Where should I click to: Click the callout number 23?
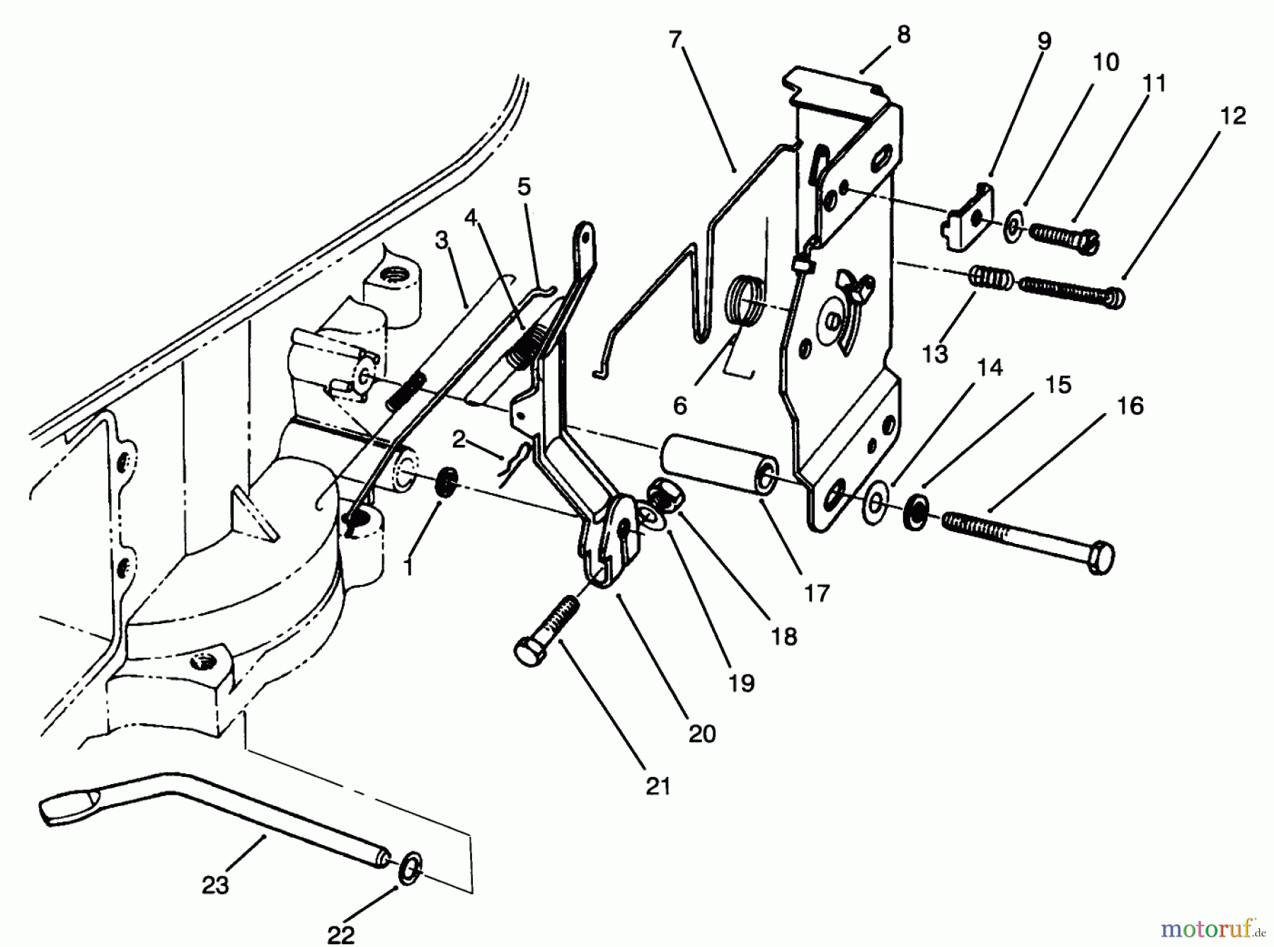coord(215,885)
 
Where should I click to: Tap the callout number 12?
coord(1232,115)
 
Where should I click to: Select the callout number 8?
coord(903,35)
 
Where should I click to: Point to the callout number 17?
coord(817,593)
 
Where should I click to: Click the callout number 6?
coord(679,406)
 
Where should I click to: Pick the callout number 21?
coord(658,786)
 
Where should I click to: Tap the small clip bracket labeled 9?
coord(968,221)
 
